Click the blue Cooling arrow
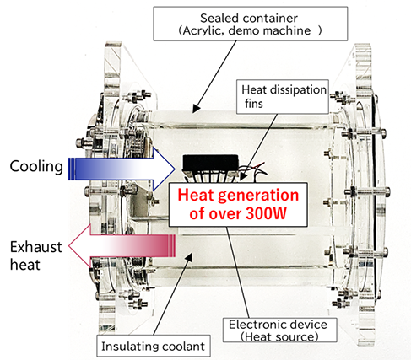(x=122, y=169)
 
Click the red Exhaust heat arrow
(x=122, y=246)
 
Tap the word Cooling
(x=36, y=167)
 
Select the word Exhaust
(x=36, y=247)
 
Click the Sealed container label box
(x=251, y=24)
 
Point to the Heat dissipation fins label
(x=283, y=97)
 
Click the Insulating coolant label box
(x=154, y=346)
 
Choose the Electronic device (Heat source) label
(x=279, y=330)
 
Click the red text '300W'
(x=266, y=213)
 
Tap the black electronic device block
(x=210, y=164)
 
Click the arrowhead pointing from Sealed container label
(x=196, y=109)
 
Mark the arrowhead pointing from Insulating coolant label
(x=189, y=256)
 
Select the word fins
(x=253, y=104)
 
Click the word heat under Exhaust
(x=25, y=265)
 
